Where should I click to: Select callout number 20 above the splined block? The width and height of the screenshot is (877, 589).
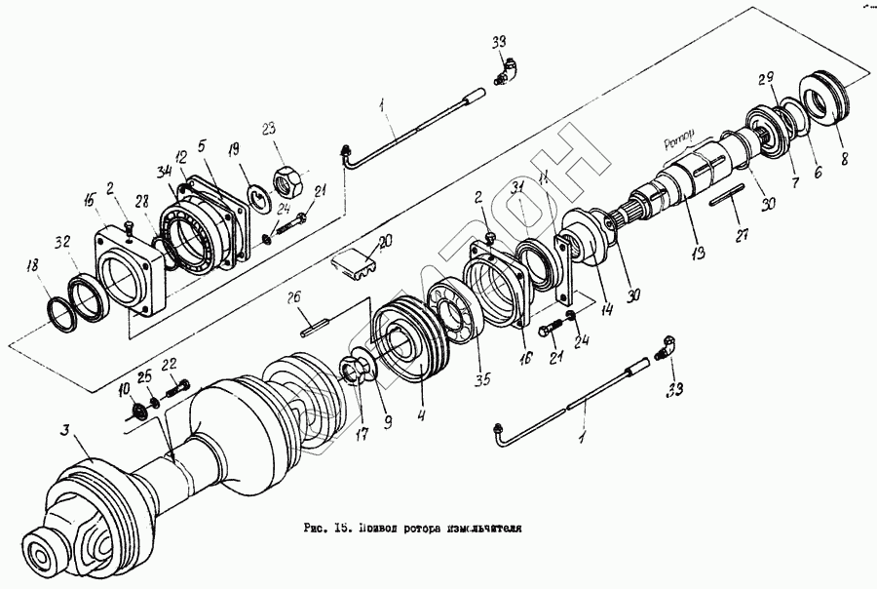pyautogui.click(x=384, y=240)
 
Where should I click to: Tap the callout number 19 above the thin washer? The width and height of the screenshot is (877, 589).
pyautogui.click(x=233, y=149)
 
